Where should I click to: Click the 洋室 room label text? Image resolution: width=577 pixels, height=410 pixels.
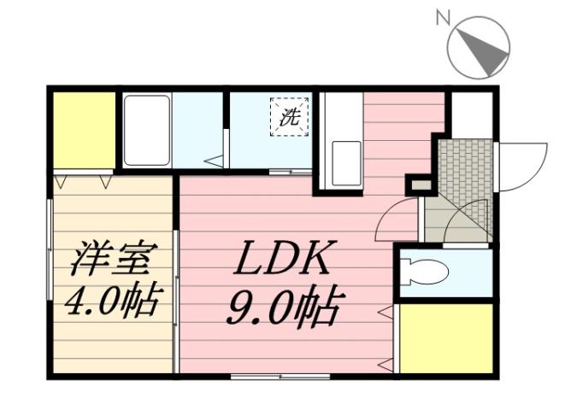pyautogui.click(x=114, y=259)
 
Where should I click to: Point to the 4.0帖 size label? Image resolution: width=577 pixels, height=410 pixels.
pyautogui.click(x=114, y=301)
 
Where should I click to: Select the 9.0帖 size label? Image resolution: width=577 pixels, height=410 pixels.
pyautogui.click(x=283, y=305)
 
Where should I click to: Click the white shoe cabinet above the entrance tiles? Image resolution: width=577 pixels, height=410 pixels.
pyautogui.click(x=471, y=114)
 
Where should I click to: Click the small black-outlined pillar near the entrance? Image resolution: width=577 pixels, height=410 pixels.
pyautogui.click(x=419, y=184)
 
